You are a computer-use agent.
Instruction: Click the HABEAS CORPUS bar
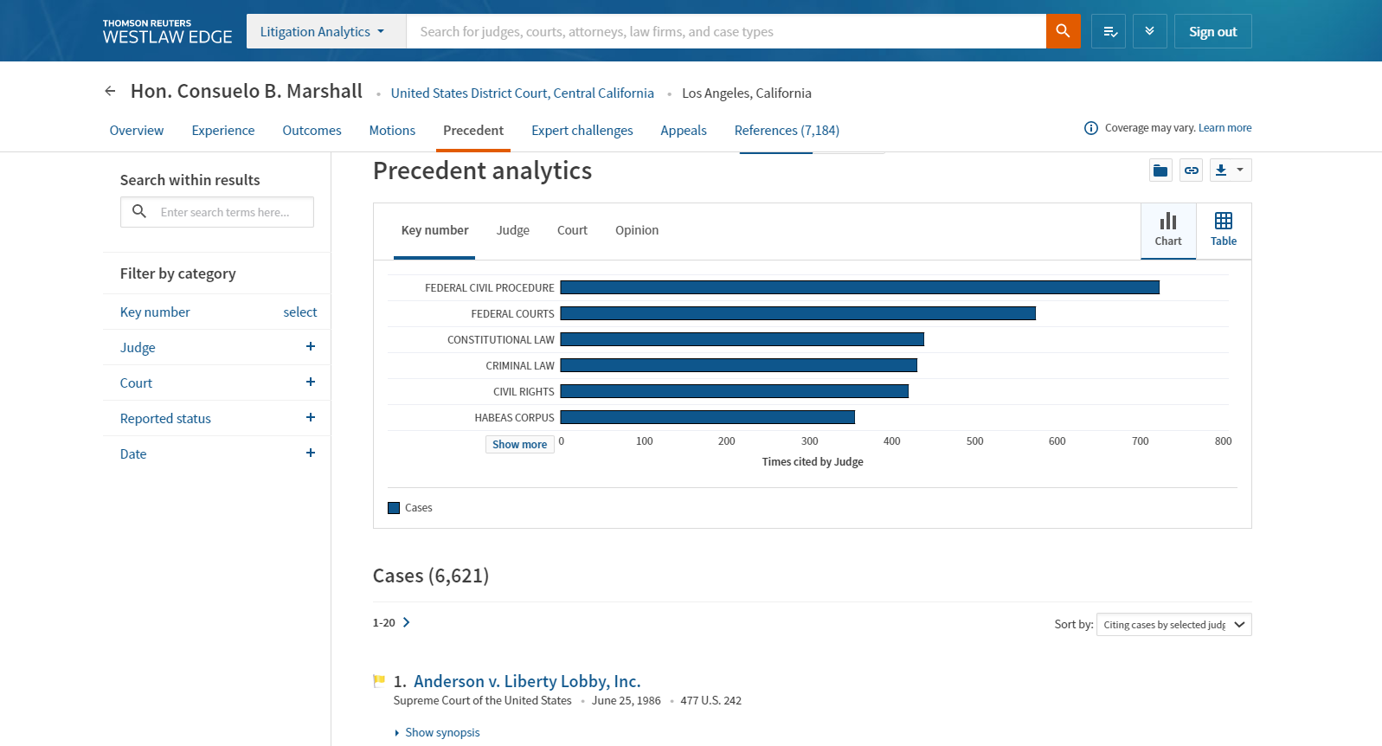click(x=707, y=417)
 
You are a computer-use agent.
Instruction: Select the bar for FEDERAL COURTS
click(x=797, y=313)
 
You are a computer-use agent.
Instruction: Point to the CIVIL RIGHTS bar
click(x=734, y=391)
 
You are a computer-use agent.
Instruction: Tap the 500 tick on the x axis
click(x=974, y=441)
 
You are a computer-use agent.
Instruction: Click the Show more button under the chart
click(x=519, y=445)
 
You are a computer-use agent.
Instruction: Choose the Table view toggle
click(x=1223, y=230)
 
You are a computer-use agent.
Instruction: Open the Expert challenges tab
click(x=582, y=131)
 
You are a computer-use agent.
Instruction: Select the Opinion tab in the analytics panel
click(x=636, y=230)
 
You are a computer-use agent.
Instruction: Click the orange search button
click(x=1063, y=31)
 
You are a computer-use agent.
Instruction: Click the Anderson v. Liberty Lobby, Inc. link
click(x=526, y=681)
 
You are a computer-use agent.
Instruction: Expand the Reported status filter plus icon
click(x=311, y=418)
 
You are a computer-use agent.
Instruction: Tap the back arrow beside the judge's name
click(x=110, y=91)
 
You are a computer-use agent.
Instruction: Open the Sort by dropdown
click(x=1173, y=625)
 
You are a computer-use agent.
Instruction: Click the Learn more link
click(x=1225, y=128)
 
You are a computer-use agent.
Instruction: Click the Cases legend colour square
click(x=394, y=508)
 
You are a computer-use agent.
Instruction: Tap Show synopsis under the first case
click(x=441, y=733)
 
